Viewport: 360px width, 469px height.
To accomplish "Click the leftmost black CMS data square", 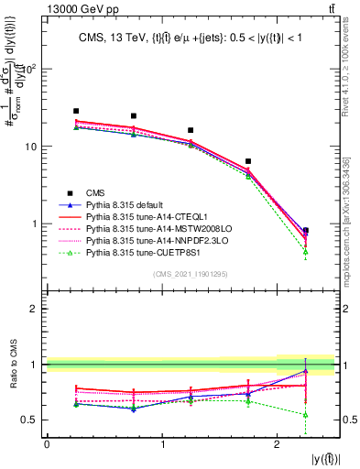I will coord(76,111).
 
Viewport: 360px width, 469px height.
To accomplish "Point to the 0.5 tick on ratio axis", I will coord(32,420).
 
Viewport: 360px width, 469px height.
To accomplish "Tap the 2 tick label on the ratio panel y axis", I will coord(36,309).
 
